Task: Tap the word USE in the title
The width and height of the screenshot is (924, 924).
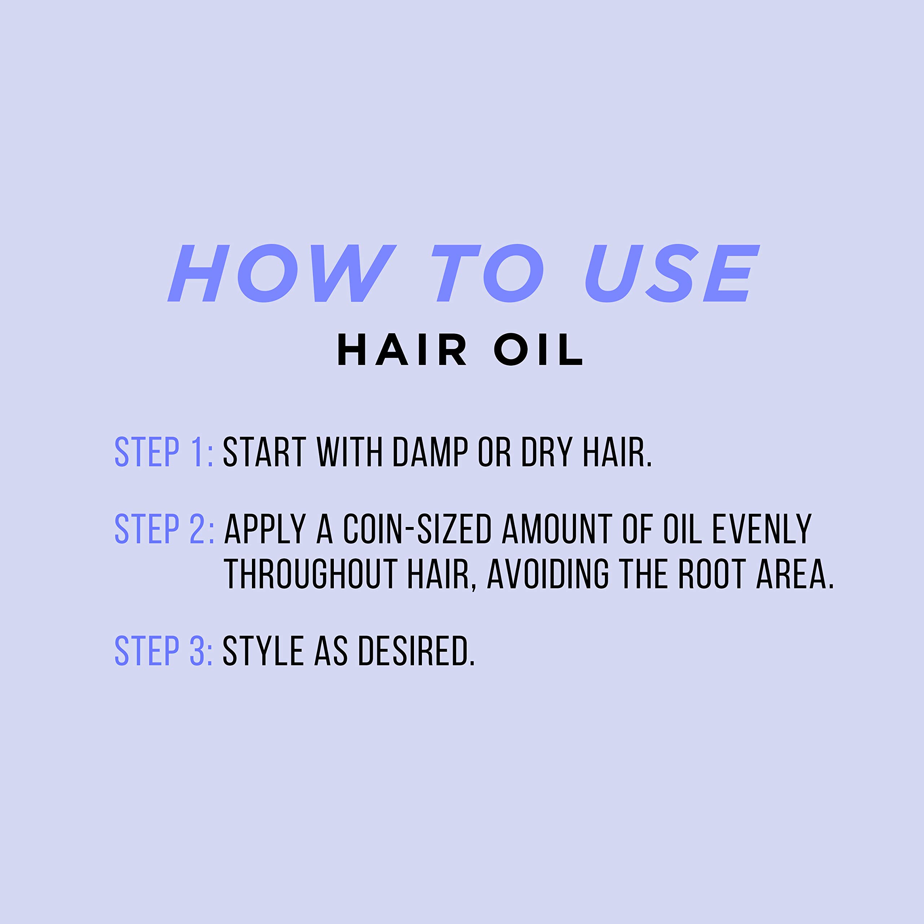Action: pyautogui.click(x=672, y=273)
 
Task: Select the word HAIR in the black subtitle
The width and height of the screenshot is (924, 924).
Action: pyautogui.click(x=402, y=350)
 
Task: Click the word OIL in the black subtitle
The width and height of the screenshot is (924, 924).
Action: pyautogui.click(x=539, y=350)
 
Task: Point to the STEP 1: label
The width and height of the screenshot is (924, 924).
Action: pyautogui.click(x=164, y=452)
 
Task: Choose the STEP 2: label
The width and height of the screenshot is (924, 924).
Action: pyautogui.click(x=164, y=529)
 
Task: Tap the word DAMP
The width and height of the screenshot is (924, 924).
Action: pyautogui.click(x=430, y=452)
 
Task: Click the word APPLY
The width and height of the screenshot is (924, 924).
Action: pyautogui.click(x=265, y=529)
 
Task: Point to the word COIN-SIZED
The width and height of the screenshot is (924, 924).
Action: pyautogui.click(x=418, y=529)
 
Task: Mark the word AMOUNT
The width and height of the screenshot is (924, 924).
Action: pyautogui.click(x=557, y=529)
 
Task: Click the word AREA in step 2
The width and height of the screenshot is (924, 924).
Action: pyautogui.click(x=794, y=574)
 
